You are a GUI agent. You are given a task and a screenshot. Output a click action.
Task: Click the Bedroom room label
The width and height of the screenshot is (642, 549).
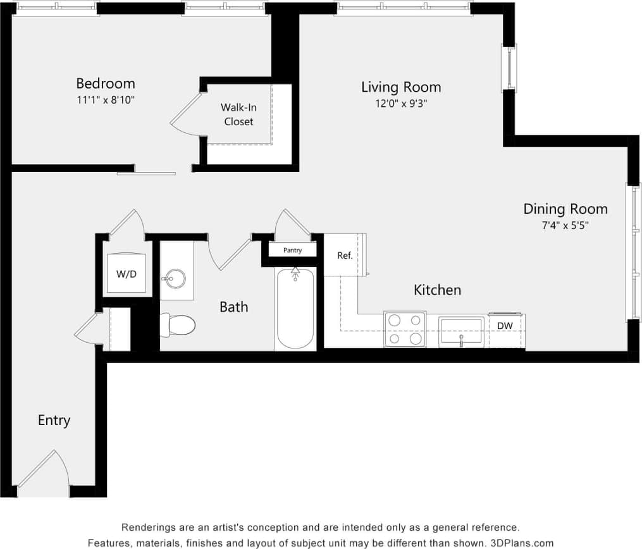coord(105,83)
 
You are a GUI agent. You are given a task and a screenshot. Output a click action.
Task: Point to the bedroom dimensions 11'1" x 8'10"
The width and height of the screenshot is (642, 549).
coord(105,99)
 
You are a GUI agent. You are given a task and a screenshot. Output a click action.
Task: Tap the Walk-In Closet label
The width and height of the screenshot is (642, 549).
coord(238,114)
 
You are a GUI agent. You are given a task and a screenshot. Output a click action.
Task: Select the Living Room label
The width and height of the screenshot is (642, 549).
coord(400,87)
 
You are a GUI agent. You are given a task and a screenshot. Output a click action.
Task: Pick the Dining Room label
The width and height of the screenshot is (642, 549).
coord(565,209)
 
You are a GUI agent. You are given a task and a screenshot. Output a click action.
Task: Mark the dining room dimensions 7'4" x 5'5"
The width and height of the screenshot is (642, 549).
coord(565,225)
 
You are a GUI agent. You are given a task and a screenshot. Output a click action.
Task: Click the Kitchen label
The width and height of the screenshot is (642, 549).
coord(437,290)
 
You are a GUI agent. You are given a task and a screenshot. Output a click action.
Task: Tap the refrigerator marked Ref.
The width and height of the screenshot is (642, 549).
coord(344,256)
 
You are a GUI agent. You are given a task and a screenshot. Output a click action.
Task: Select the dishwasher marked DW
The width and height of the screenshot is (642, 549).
coord(504,326)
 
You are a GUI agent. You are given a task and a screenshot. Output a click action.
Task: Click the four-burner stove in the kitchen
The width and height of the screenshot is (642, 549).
coord(405,330)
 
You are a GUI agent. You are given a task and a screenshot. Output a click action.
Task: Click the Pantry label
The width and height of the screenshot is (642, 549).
coord(292,250)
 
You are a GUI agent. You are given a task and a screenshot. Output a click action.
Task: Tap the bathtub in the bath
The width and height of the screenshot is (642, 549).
coord(295,309)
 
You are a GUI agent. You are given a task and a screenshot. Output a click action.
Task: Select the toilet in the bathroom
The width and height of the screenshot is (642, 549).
coord(178,326)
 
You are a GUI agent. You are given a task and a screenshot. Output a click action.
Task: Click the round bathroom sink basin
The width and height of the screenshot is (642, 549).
coord(173,278)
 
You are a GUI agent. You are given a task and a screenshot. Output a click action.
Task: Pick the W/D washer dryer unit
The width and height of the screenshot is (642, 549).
coord(127,274)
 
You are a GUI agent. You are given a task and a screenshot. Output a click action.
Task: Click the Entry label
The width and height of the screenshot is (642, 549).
coord(54,420)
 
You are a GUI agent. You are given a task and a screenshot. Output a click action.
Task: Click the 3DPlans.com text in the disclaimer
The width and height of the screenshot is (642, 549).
coord(522,543)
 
